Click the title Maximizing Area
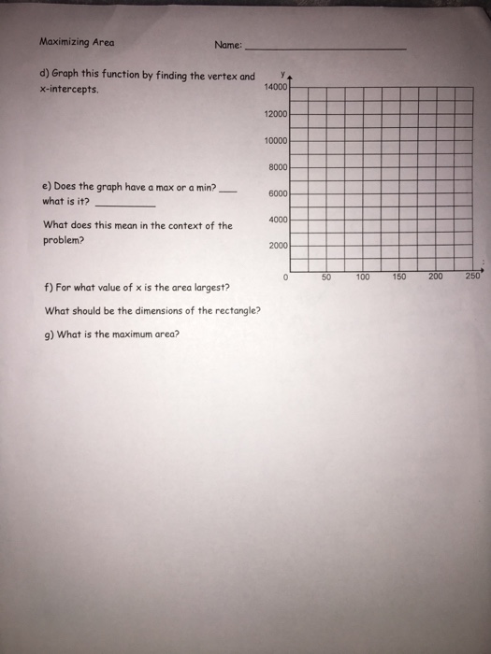pos(77,42)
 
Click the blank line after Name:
pos(325,47)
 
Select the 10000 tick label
pos(279,140)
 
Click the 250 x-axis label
pos(473,277)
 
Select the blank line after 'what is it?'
pos(126,204)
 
